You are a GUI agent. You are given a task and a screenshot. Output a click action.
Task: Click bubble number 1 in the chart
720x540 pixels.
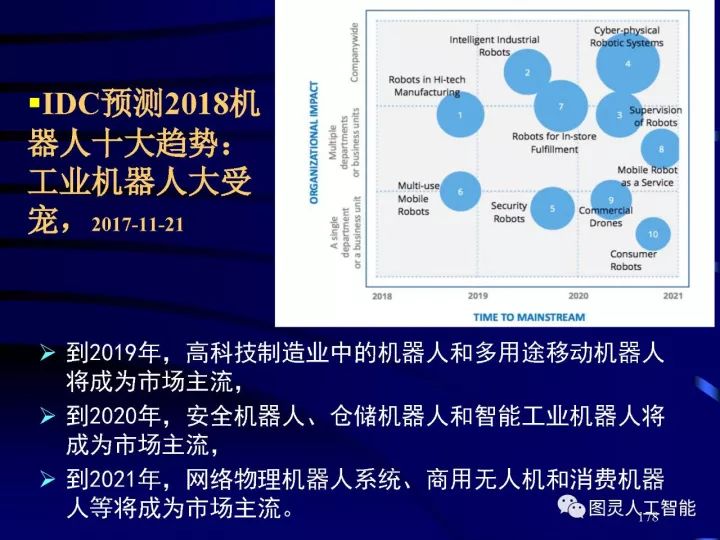pyautogui.click(x=460, y=114)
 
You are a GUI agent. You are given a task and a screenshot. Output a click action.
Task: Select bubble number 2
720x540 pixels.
pyautogui.click(x=527, y=72)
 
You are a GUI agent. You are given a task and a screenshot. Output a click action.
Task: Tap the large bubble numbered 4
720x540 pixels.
pyautogui.click(x=627, y=63)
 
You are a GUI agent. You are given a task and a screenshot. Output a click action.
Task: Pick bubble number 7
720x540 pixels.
pyautogui.click(x=560, y=106)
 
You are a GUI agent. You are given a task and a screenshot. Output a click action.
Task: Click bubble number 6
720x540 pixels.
pyautogui.click(x=460, y=190)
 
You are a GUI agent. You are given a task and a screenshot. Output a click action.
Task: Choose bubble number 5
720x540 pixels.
pyautogui.click(x=551, y=208)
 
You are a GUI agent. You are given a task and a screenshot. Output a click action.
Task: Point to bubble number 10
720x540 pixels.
pyautogui.click(x=652, y=234)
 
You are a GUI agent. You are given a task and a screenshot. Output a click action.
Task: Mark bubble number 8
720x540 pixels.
pyautogui.click(x=660, y=149)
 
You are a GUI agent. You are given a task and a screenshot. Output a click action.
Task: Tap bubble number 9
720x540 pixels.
pyautogui.click(x=610, y=197)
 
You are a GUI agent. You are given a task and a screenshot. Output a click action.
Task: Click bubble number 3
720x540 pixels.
pyautogui.click(x=619, y=115)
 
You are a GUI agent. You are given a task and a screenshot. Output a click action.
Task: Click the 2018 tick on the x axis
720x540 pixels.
pyautogui.click(x=382, y=296)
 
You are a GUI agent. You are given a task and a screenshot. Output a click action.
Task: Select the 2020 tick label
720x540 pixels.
pyautogui.click(x=578, y=296)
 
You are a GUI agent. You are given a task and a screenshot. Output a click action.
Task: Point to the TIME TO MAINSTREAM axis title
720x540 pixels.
pyautogui.click(x=529, y=316)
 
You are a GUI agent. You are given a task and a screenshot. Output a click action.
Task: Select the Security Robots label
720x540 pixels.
pyautogui.click(x=509, y=212)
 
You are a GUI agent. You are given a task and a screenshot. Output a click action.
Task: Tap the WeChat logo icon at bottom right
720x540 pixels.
pyautogui.click(x=572, y=507)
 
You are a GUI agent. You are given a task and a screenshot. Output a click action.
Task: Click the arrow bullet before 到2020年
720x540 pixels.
pyautogui.click(x=47, y=415)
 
